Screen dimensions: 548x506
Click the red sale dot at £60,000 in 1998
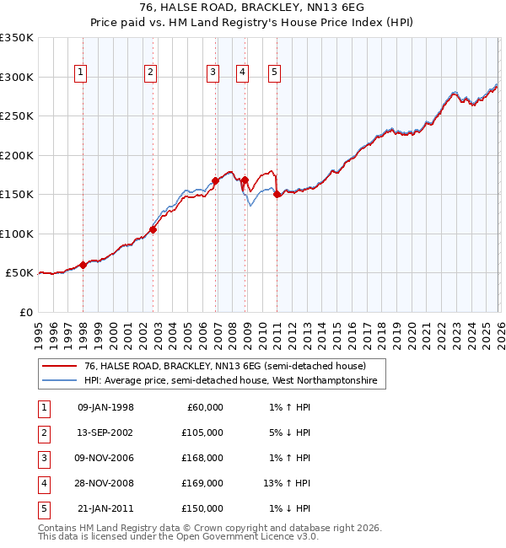83,265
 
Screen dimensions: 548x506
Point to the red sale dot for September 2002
153,229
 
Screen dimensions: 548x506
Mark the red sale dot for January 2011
277,194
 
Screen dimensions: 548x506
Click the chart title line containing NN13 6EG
253,8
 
